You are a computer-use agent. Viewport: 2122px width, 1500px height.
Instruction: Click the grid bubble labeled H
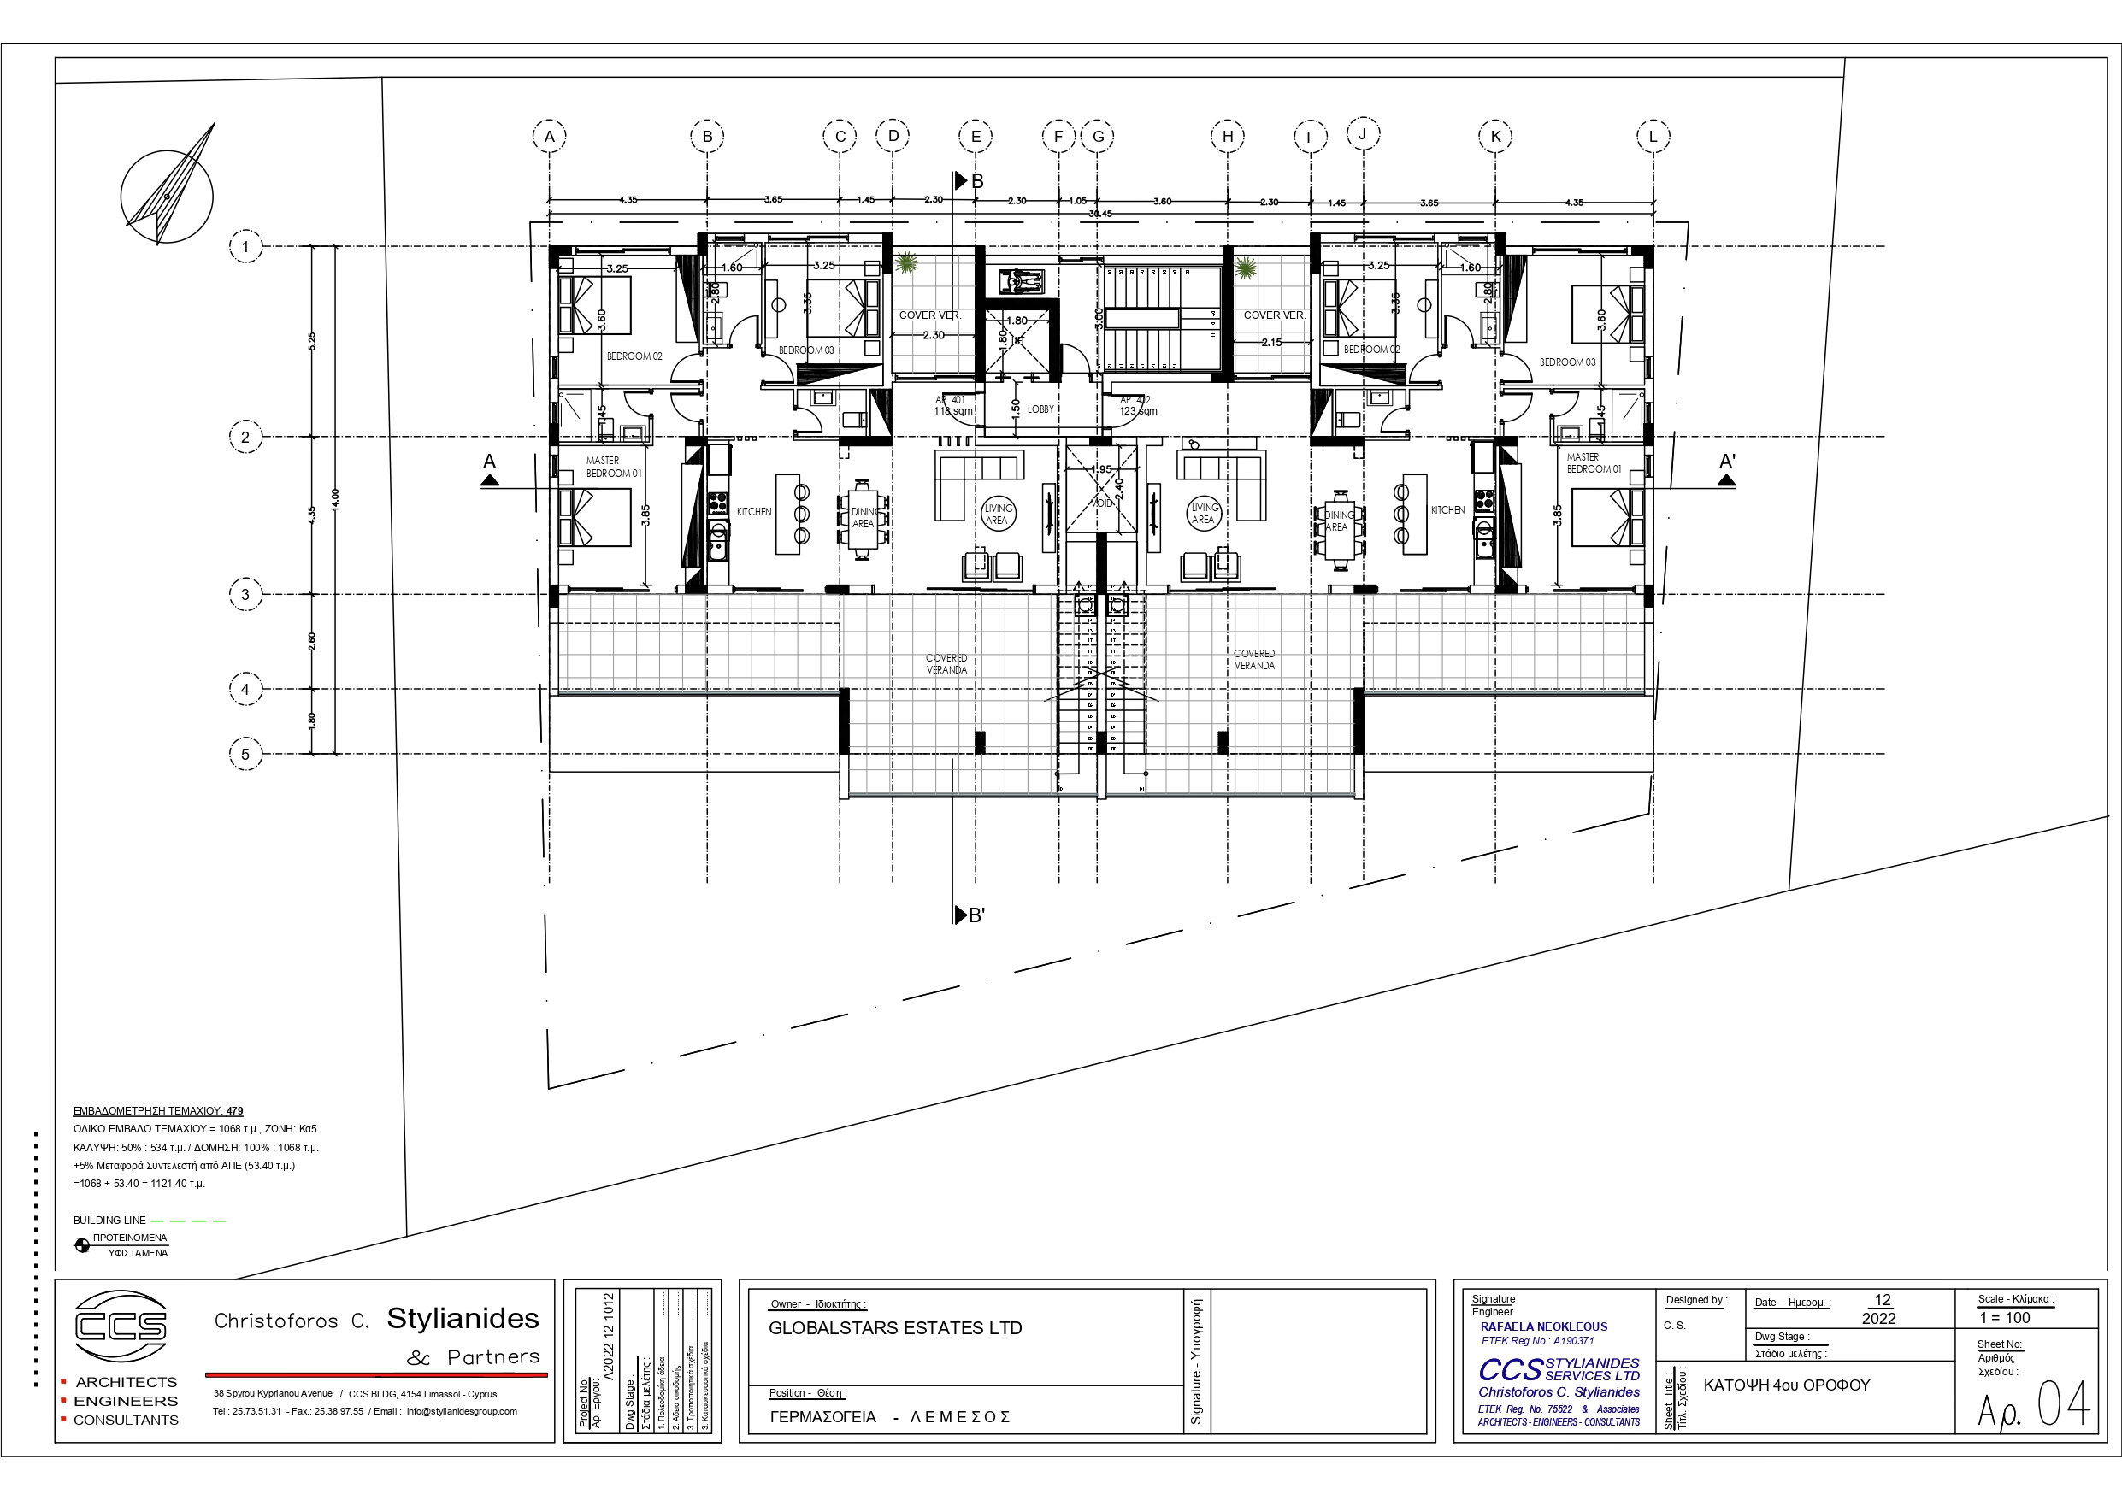[x=1228, y=137]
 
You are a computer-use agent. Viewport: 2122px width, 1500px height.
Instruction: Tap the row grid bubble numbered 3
[x=245, y=594]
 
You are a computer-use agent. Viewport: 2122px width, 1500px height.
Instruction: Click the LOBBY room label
[x=1040, y=409]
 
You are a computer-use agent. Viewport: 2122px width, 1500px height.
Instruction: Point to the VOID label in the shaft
[x=1102, y=503]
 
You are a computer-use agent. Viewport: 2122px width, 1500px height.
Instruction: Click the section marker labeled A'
[x=1726, y=468]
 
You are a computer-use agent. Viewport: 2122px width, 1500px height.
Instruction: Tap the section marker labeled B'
[x=970, y=915]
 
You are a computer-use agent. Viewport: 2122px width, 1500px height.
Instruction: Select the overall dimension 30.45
[x=1099, y=215]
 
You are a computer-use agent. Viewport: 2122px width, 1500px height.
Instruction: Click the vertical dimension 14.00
[x=335, y=499]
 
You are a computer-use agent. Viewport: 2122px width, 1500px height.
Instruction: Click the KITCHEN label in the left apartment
[x=754, y=512]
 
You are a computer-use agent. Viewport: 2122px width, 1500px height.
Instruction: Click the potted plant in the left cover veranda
[x=906, y=264]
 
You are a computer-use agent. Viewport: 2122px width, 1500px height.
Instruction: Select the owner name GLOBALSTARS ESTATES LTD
[x=894, y=1328]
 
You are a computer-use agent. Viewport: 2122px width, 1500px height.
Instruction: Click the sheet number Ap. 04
[x=2033, y=1406]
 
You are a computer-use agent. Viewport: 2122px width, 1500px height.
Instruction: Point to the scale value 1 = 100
[x=2005, y=1318]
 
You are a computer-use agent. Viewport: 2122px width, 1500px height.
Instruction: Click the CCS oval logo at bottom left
[x=121, y=1326]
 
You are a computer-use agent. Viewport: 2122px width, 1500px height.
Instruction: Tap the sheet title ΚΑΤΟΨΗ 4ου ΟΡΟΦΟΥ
[x=1786, y=1385]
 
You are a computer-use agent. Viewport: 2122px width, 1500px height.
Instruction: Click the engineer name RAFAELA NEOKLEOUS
[x=1543, y=1326]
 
